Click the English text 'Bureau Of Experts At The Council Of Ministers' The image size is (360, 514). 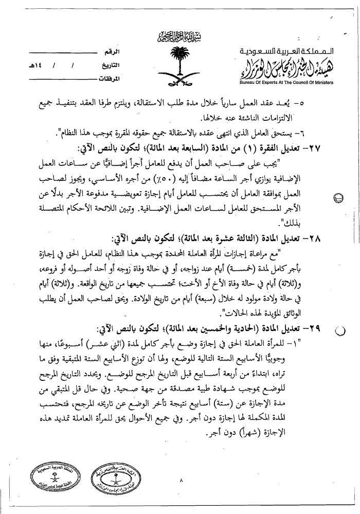click(287, 83)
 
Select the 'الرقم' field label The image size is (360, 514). click(111, 53)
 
